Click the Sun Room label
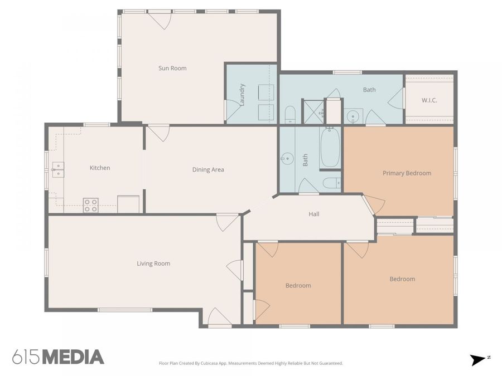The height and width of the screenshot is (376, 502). (172, 69)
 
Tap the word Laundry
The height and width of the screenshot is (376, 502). (242, 94)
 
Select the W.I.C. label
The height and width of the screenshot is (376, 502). (429, 100)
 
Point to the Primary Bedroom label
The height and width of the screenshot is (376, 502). (407, 173)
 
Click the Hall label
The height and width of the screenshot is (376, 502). (314, 214)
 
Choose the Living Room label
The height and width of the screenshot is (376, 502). (153, 263)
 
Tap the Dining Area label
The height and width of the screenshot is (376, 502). (208, 170)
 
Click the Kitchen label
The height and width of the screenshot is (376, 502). (100, 168)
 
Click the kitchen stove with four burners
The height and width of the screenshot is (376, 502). (91, 205)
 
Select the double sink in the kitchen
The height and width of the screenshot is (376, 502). (58, 169)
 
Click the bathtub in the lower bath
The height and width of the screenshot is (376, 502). (330, 148)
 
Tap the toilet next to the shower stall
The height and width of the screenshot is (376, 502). (290, 116)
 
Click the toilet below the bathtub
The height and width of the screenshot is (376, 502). (331, 183)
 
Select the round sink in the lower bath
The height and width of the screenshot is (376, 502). (287, 159)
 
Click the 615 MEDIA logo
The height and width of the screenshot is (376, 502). (58, 357)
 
